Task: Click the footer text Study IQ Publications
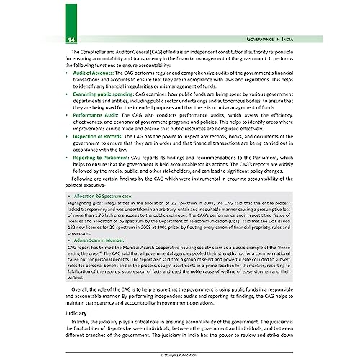pos(180,354)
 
